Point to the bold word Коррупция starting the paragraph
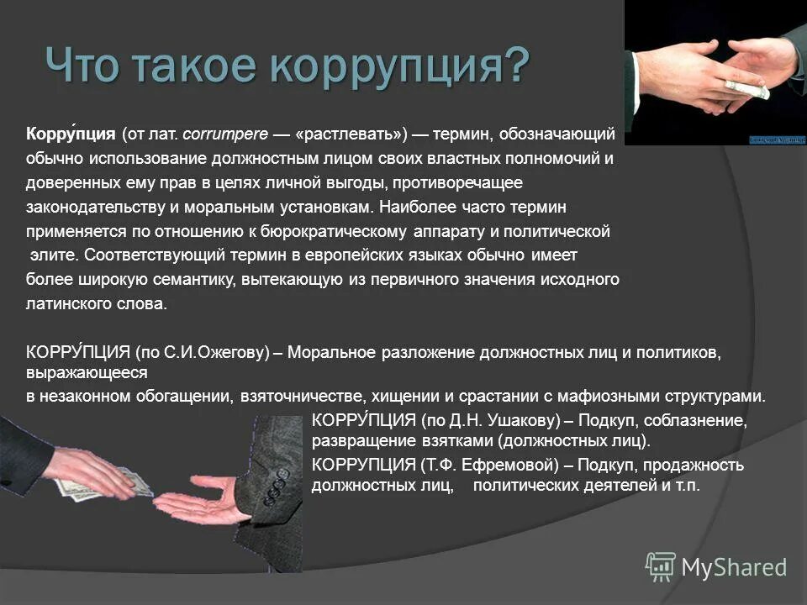pos(71,134)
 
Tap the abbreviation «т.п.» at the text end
pos(684,486)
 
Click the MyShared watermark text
pos(734,567)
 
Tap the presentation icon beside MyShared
pos(660,566)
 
